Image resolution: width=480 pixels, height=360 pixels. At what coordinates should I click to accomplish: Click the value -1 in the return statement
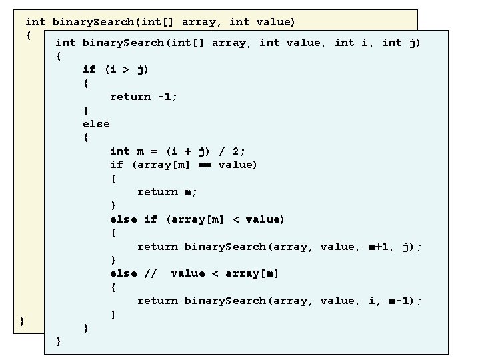(x=165, y=97)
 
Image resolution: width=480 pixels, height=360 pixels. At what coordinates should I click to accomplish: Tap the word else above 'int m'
(x=96, y=124)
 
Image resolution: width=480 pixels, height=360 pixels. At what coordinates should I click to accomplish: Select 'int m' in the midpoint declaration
(x=127, y=151)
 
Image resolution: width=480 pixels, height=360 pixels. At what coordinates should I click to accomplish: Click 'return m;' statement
(x=167, y=192)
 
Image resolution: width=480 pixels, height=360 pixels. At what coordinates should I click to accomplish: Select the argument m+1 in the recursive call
(x=381, y=247)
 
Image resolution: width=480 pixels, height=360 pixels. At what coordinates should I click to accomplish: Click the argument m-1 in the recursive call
(x=399, y=301)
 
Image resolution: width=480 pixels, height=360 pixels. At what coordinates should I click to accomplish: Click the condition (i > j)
(x=127, y=69)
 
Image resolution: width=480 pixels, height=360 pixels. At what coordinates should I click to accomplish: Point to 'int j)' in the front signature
(x=400, y=43)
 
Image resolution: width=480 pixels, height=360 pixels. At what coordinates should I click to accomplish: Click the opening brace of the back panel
(x=29, y=35)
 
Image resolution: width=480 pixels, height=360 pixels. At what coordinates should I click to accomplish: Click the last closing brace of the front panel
(x=59, y=341)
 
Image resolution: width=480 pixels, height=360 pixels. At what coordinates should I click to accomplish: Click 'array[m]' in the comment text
(x=253, y=273)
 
